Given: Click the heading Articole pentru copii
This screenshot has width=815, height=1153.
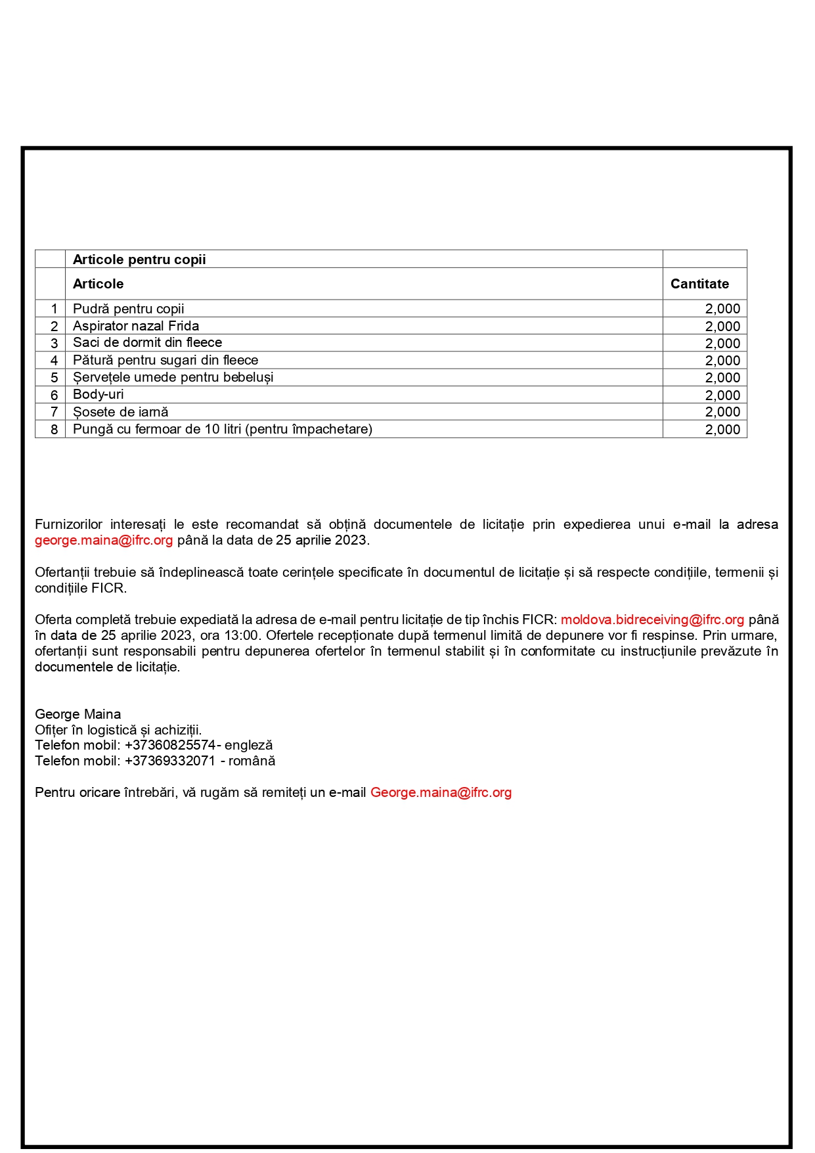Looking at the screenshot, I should click(x=139, y=260).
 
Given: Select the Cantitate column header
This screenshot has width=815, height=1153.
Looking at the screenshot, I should click(x=699, y=284).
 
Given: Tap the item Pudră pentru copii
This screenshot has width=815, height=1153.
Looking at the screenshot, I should click(x=129, y=309).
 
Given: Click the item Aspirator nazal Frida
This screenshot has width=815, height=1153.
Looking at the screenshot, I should click(x=136, y=326).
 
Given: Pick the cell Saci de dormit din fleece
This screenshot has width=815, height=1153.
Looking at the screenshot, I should click(x=148, y=342).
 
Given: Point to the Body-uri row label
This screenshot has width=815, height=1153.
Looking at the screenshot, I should click(x=99, y=394).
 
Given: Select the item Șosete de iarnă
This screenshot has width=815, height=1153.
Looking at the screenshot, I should click(x=121, y=412).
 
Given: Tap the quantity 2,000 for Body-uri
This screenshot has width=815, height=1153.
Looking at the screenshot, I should click(x=722, y=395).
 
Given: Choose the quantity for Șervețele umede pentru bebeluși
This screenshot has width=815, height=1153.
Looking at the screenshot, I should click(x=722, y=378).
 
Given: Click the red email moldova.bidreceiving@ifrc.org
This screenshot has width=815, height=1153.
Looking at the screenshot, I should click(x=652, y=620).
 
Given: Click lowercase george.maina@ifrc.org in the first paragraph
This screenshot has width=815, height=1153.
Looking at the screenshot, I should click(x=104, y=540).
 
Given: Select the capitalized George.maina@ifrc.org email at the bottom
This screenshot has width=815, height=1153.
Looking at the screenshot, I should click(x=441, y=792).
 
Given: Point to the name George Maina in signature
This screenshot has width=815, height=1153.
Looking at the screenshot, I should click(x=78, y=714).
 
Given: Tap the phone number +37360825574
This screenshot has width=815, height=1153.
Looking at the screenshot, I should click(x=170, y=745).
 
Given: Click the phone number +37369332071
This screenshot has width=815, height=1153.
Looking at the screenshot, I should click(x=170, y=761).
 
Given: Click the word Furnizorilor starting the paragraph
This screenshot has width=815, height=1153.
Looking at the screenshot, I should click(x=69, y=524).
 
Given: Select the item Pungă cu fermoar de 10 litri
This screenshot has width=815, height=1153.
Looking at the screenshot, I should click(x=223, y=429).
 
